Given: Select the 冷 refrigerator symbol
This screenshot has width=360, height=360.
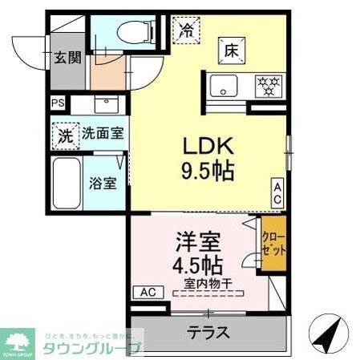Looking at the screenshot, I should (x=185, y=32).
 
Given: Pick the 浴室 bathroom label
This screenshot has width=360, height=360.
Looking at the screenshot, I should (x=103, y=182).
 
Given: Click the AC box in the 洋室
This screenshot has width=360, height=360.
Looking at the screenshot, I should (x=148, y=292).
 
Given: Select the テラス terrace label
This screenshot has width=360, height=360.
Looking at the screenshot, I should (x=208, y=332).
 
